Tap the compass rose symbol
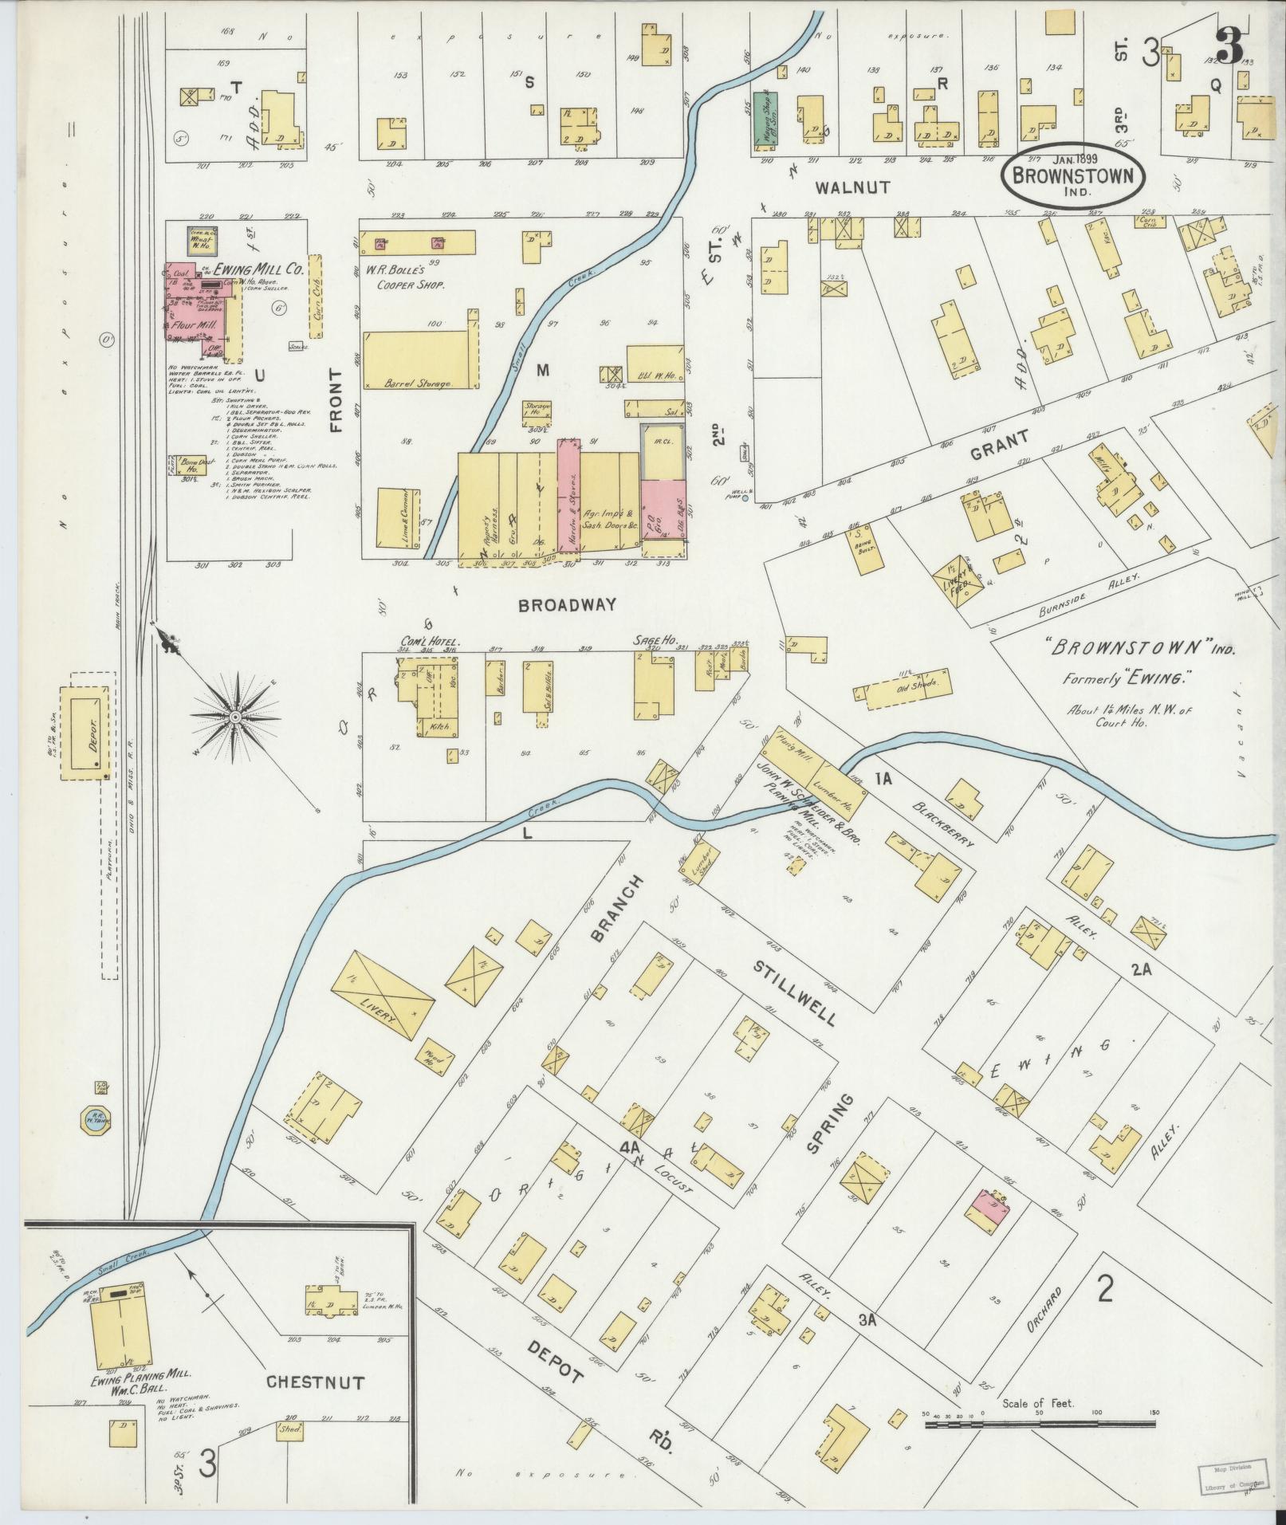coord(235,717)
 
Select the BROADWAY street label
coord(567,605)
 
